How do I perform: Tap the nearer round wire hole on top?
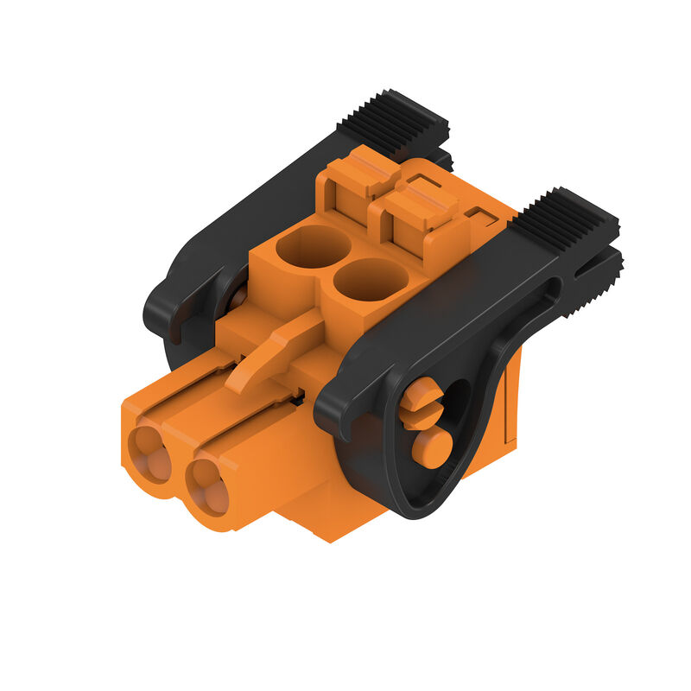pos(371,280)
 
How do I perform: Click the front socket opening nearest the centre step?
pos(207,485)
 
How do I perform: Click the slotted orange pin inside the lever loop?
pos(422,403)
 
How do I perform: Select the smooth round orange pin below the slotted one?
pos(431,447)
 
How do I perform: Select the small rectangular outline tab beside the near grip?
pos(480,213)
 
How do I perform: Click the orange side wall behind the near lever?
pos(510,406)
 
